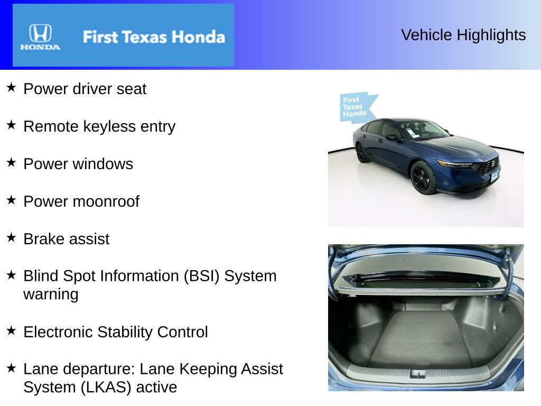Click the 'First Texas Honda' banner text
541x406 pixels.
pyautogui.click(x=153, y=37)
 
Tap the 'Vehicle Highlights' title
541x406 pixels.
pyautogui.click(x=463, y=35)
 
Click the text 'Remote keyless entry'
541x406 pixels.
pyautogui.click(x=99, y=126)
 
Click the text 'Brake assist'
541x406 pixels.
pyautogui.click(x=66, y=239)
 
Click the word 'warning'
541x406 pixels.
pyautogui.click(x=51, y=294)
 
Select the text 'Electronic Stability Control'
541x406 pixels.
pyautogui.click(x=116, y=332)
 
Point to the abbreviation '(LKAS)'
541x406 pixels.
pyautogui.click(x=106, y=387)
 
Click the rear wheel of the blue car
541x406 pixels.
pyautogui.click(x=361, y=153)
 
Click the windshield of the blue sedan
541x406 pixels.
pyautogui.click(x=423, y=130)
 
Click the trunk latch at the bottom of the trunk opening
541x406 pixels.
pyautogui.click(x=418, y=373)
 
